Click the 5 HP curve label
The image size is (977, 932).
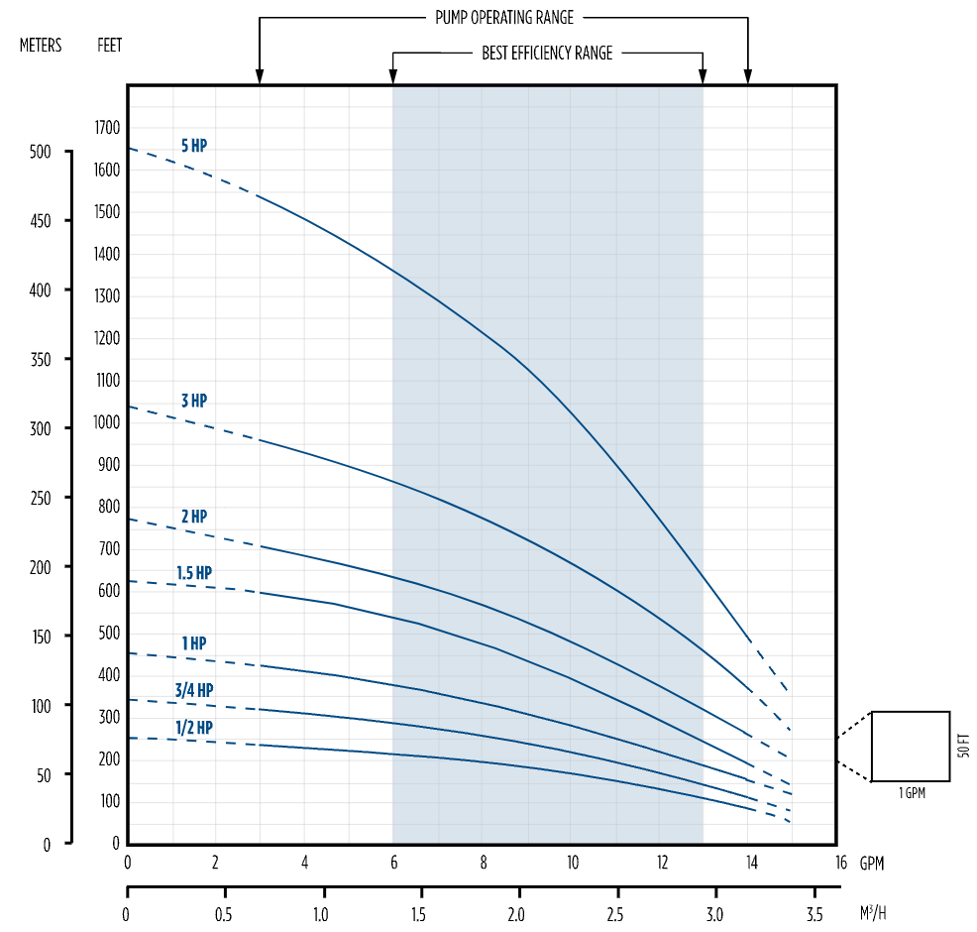194,146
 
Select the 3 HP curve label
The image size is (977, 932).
194,401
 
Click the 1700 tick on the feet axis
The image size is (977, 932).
107,128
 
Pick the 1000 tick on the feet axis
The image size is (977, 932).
107,422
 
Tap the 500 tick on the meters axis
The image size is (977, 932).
40,152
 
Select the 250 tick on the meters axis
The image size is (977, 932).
40,498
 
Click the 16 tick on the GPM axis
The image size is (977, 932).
841,863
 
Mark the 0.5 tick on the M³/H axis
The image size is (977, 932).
224,912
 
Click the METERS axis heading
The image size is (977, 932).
41,46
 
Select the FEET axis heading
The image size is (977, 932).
110,46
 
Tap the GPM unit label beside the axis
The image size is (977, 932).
871,864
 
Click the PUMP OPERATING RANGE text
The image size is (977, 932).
503,18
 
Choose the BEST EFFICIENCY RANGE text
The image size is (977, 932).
547,54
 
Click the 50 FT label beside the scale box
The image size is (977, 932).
965,746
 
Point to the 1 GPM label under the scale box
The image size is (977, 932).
912,793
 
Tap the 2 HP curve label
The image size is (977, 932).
194,517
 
